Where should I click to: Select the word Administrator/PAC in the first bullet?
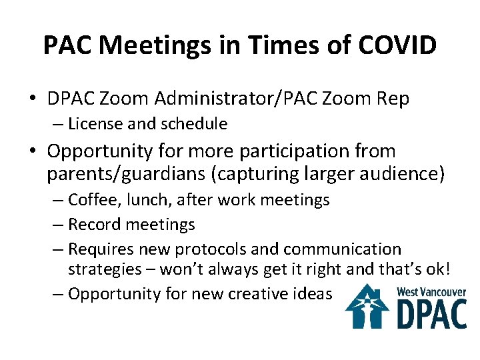(x=218, y=99)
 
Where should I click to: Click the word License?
(x=94, y=124)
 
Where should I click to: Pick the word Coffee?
(x=93, y=200)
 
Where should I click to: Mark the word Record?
(x=93, y=225)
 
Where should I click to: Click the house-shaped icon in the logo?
(x=367, y=306)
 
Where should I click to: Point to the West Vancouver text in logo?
(x=431, y=292)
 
